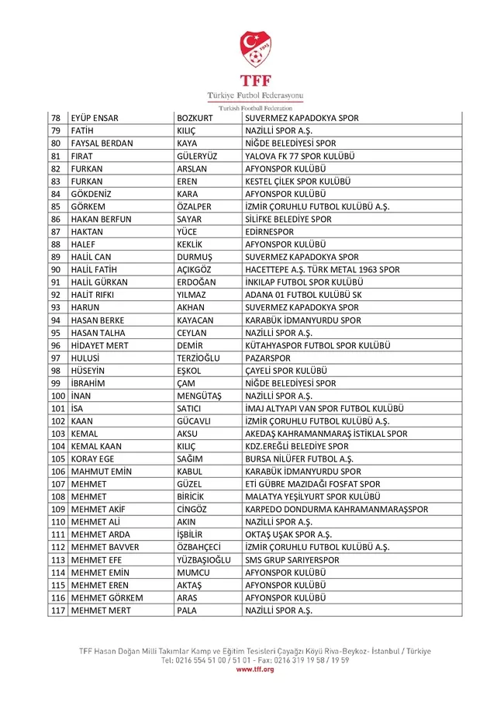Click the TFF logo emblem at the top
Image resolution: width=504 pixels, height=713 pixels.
pos(255,49)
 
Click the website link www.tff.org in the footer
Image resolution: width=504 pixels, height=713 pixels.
pos(255,669)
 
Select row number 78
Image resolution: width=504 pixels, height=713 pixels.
pos(56,118)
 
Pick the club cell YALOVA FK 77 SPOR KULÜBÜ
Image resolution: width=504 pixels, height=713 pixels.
pos(299,156)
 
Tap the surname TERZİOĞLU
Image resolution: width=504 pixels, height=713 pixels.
pos(204,358)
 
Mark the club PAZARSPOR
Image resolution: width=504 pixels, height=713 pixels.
pos(268,358)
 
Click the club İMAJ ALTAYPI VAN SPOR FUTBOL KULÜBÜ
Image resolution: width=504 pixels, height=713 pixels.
pos(324,409)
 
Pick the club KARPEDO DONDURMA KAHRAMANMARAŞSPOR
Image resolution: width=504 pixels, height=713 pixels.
pos(336,510)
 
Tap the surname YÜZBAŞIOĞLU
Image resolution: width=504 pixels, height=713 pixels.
pos(209,560)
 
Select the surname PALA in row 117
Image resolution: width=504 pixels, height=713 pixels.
pos(188,611)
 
